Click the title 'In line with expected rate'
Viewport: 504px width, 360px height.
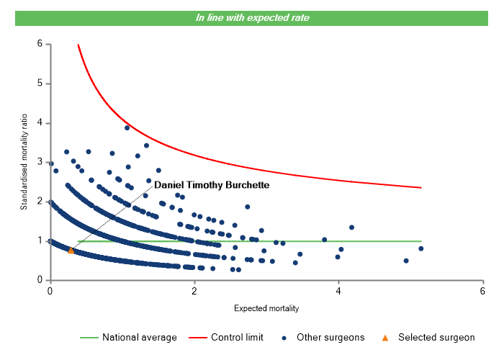tap(252, 17)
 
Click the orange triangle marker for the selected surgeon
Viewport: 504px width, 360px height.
tap(71, 251)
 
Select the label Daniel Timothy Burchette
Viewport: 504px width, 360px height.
tap(212, 185)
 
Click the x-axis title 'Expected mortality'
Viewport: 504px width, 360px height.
tap(266, 308)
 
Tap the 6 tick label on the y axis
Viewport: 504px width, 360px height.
tap(40, 44)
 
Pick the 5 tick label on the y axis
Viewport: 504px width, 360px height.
tap(40, 84)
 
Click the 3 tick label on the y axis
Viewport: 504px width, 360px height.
tap(40, 162)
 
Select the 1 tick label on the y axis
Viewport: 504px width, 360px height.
tap(40, 240)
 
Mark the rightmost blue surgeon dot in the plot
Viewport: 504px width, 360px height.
tap(420, 248)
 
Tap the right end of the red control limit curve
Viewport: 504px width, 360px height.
tap(420, 188)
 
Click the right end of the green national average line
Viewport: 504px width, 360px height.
tap(420, 241)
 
